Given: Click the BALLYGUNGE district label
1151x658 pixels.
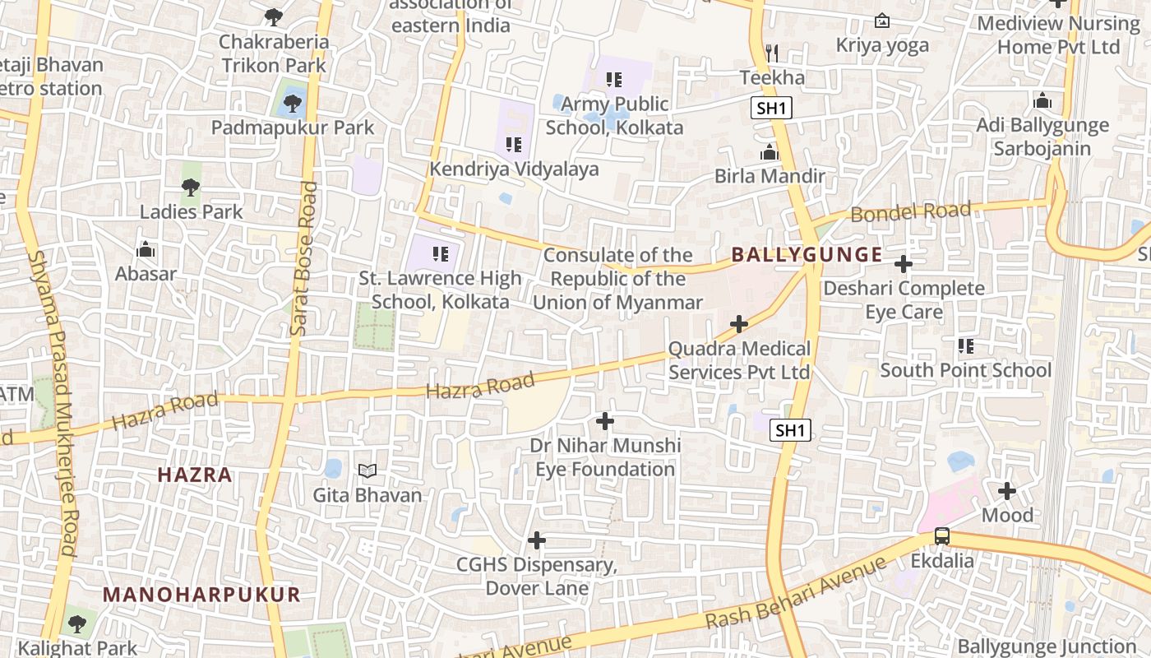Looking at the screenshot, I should click(x=807, y=255).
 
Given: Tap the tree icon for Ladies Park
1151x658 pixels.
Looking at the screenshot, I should click(x=191, y=188).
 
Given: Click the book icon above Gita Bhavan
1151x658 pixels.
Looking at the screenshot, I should click(x=367, y=471).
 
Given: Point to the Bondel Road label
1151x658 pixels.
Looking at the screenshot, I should click(x=910, y=211).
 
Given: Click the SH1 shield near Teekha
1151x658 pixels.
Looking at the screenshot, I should click(x=770, y=108).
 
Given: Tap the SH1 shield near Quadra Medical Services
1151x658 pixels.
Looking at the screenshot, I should click(x=790, y=430).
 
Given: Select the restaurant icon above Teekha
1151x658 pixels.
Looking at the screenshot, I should click(x=771, y=53).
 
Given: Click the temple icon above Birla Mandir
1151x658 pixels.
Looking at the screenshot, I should click(x=770, y=153).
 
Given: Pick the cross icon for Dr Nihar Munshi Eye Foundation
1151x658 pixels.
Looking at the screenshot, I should click(x=605, y=422).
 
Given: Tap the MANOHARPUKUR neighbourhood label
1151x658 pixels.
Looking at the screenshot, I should click(x=201, y=595).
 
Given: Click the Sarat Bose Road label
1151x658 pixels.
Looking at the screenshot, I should click(x=303, y=258).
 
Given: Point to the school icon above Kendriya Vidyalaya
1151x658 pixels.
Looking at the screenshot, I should click(x=514, y=146).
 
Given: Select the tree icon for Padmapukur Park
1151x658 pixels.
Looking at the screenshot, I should click(x=291, y=104).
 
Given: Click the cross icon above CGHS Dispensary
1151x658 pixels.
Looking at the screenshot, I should click(x=537, y=541).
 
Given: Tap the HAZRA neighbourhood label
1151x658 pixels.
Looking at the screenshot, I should click(x=195, y=475).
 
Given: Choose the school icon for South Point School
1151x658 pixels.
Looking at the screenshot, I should click(x=966, y=346).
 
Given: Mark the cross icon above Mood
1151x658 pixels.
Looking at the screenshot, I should click(x=1007, y=492).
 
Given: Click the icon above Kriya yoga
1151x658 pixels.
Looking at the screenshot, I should click(x=882, y=21).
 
